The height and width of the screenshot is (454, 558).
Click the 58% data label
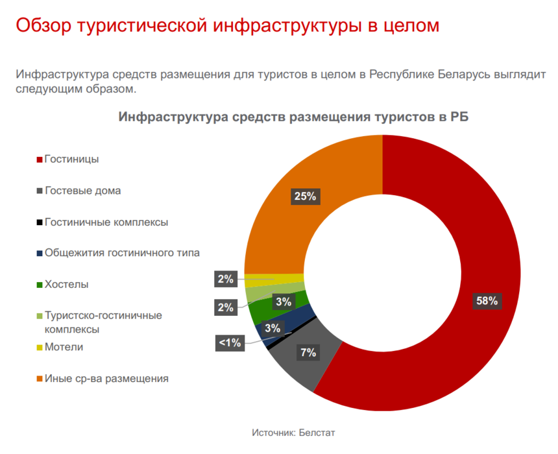click(x=486, y=300)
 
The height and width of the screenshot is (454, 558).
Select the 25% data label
click(x=304, y=196)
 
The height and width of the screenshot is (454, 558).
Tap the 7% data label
click(x=308, y=353)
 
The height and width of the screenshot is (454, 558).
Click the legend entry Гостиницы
click(x=71, y=159)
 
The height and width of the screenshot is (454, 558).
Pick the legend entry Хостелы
click(x=67, y=284)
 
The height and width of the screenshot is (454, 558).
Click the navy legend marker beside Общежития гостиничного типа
click(x=40, y=254)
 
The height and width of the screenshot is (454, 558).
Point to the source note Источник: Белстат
click(x=293, y=432)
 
